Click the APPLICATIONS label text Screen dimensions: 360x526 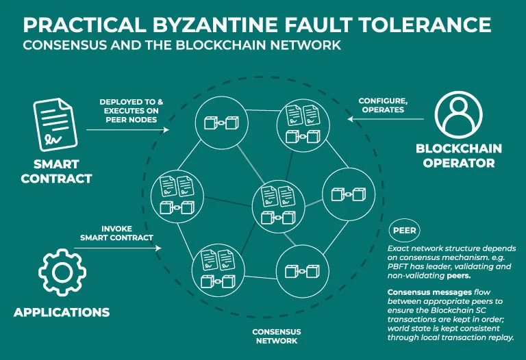(x=62, y=312)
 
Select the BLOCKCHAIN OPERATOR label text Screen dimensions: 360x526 (x=459, y=155)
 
